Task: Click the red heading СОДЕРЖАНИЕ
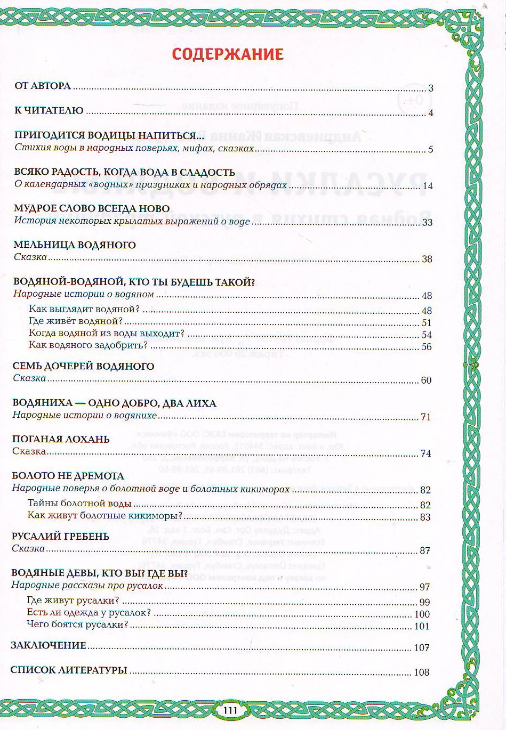[228, 54]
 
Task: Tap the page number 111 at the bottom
[229, 710]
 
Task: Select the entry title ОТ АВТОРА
[43, 86]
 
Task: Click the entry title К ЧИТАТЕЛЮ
[49, 111]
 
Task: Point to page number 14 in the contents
[427, 186]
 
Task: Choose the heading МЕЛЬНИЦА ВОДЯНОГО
[75, 245]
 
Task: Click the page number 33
[427, 222]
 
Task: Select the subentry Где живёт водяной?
[76, 321]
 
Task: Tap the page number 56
[427, 346]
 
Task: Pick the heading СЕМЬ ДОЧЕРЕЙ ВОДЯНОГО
[83, 366]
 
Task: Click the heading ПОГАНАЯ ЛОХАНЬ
[61, 439]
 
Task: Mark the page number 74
[425, 453]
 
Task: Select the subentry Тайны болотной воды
[79, 504]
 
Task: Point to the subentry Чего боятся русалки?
[78, 624]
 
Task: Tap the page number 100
[422, 614]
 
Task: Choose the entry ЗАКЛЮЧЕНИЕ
[49, 645]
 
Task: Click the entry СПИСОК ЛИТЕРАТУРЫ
[69, 670]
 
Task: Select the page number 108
[422, 672]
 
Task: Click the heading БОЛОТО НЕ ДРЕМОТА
[68, 476]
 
